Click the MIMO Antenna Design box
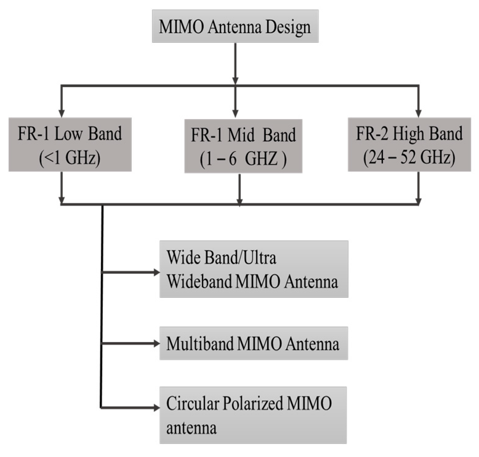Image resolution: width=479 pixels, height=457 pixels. [x=235, y=26]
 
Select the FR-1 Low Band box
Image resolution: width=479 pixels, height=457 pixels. [x=70, y=144]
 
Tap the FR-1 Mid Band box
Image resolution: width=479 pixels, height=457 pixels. [x=243, y=146]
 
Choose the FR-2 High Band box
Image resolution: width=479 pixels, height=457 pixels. [x=409, y=144]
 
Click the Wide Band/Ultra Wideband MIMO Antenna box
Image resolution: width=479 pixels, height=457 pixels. [x=254, y=269]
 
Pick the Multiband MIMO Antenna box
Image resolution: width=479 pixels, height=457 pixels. [x=254, y=343]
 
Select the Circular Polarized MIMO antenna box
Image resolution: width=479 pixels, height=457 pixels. [x=253, y=415]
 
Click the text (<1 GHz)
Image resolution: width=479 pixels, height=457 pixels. [x=70, y=158]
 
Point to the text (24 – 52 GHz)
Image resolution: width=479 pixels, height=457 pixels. [x=409, y=158]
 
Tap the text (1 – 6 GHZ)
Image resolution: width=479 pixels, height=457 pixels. [x=243, y=160]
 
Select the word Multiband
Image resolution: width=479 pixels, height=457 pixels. [x=199, y=343]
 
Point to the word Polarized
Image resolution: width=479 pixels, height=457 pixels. [x=252, y=403]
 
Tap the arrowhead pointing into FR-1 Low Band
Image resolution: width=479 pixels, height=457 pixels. [x=62, y=113]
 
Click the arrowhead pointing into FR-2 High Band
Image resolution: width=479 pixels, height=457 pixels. [x=418, y=113]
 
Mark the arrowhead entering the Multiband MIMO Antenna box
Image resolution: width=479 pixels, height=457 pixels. [x=156, y=343]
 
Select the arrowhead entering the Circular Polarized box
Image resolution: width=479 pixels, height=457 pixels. [x=156, y=408]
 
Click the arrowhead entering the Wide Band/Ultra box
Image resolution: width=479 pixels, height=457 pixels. [x=156, y=272]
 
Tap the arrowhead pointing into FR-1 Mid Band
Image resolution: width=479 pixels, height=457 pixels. [x=235, y=114]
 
